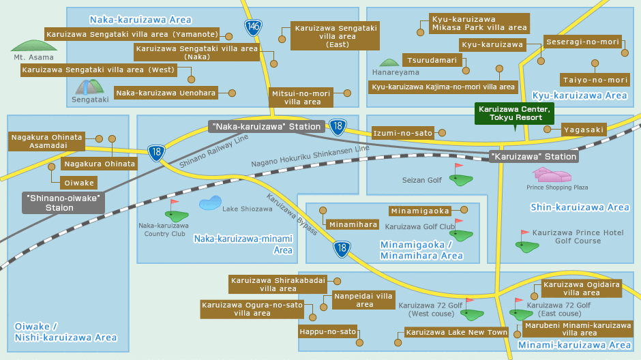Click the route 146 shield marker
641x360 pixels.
(x=253, y=27)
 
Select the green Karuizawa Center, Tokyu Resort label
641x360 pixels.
(x=514, y=113)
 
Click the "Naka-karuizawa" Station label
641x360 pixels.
(x=266, y=126)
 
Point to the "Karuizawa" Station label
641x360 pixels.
(x=534, y=156)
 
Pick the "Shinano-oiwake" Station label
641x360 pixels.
(x=63, y=202)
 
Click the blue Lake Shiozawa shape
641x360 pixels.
(x=210, y=202)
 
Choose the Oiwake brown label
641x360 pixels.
(x=78, y=183)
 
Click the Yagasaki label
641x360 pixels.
(x=584, y=130)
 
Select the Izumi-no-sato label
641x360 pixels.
(x=403, y=133)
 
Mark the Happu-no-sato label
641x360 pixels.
(x=329, y=332)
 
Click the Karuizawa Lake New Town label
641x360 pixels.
(x=456, y=332)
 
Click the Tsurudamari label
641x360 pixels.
(x=432, y=60)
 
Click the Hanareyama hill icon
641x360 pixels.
(x=389, y=63)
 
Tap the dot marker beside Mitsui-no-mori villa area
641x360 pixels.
(x=347, y=93)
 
